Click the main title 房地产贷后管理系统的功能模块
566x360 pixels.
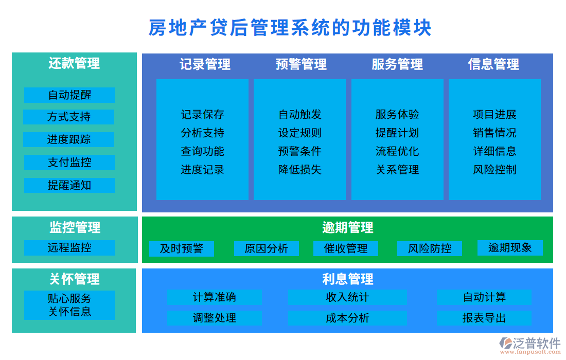[x=290, y=28]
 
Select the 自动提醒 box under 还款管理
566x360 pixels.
[x=69, y=95]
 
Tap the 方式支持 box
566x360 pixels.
[x=69, y=117]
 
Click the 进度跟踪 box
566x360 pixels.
[x=69, y=140]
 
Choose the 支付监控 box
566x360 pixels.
[x=69, y=163]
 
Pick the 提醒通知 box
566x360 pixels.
[x=69, y=185]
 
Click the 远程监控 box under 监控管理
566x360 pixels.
[x=69, y=248]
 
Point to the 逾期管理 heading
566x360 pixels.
[x=347, y=227]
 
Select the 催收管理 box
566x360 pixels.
[x=346, y=249]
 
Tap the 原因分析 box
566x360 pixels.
[x=266, y=249]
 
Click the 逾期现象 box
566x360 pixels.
[x=510, y=248]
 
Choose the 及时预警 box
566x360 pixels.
[x=181, y=249]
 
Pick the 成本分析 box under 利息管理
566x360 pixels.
[x=347, y=318]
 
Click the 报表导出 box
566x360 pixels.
[x=484, y=318]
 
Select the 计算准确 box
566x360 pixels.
[x=214, y=297]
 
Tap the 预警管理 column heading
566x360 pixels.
[x=301, y=64]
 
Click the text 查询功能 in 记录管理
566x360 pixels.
[x=202, y=151]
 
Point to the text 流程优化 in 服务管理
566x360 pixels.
[x=397, y=151]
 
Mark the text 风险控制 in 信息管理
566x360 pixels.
[x=494, y=170]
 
